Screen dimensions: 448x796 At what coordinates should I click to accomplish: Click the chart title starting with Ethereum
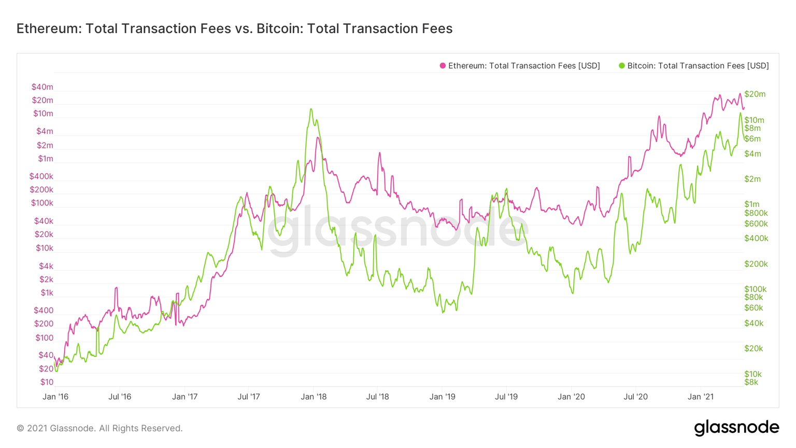[x=234, y=29]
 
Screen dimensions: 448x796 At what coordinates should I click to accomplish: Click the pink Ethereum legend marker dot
[x=443, y=66]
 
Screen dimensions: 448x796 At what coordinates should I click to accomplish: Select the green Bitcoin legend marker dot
[x=622, y=66]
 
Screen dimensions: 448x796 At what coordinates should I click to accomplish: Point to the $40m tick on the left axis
[x=42, y=87]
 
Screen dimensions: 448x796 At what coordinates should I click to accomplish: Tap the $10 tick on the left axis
[x=47, y=382]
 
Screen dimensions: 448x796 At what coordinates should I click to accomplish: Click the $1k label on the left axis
[x=47, y=293]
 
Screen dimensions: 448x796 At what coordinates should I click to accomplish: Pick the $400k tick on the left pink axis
[x=41, y=177]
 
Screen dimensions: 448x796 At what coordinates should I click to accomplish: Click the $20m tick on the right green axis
[x=755, y=94]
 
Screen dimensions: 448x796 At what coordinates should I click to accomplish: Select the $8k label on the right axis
[x=751, y=382]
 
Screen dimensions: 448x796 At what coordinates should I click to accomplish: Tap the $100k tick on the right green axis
[x=755, y=289]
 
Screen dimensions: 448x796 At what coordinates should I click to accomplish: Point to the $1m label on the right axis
[x=751, y=204]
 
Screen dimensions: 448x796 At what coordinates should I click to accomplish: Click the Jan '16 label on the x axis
[x=55, y=397]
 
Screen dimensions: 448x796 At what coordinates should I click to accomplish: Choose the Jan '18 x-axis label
[x=314, y=397]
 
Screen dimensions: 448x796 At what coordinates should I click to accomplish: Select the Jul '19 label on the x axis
[x=506, y=397]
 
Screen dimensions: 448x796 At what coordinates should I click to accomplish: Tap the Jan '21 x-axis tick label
[x=701, y=397]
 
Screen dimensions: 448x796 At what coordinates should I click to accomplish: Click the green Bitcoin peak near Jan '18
[x=311, y=109]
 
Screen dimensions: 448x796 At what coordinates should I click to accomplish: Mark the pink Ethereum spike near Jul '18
[x=379, y=153]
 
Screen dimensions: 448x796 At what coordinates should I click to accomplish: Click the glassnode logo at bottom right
[x=736, y=428]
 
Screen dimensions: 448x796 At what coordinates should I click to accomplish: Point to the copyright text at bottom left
[x=99, y=428]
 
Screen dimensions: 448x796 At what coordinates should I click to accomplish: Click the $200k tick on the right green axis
[x=756, y=264]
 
